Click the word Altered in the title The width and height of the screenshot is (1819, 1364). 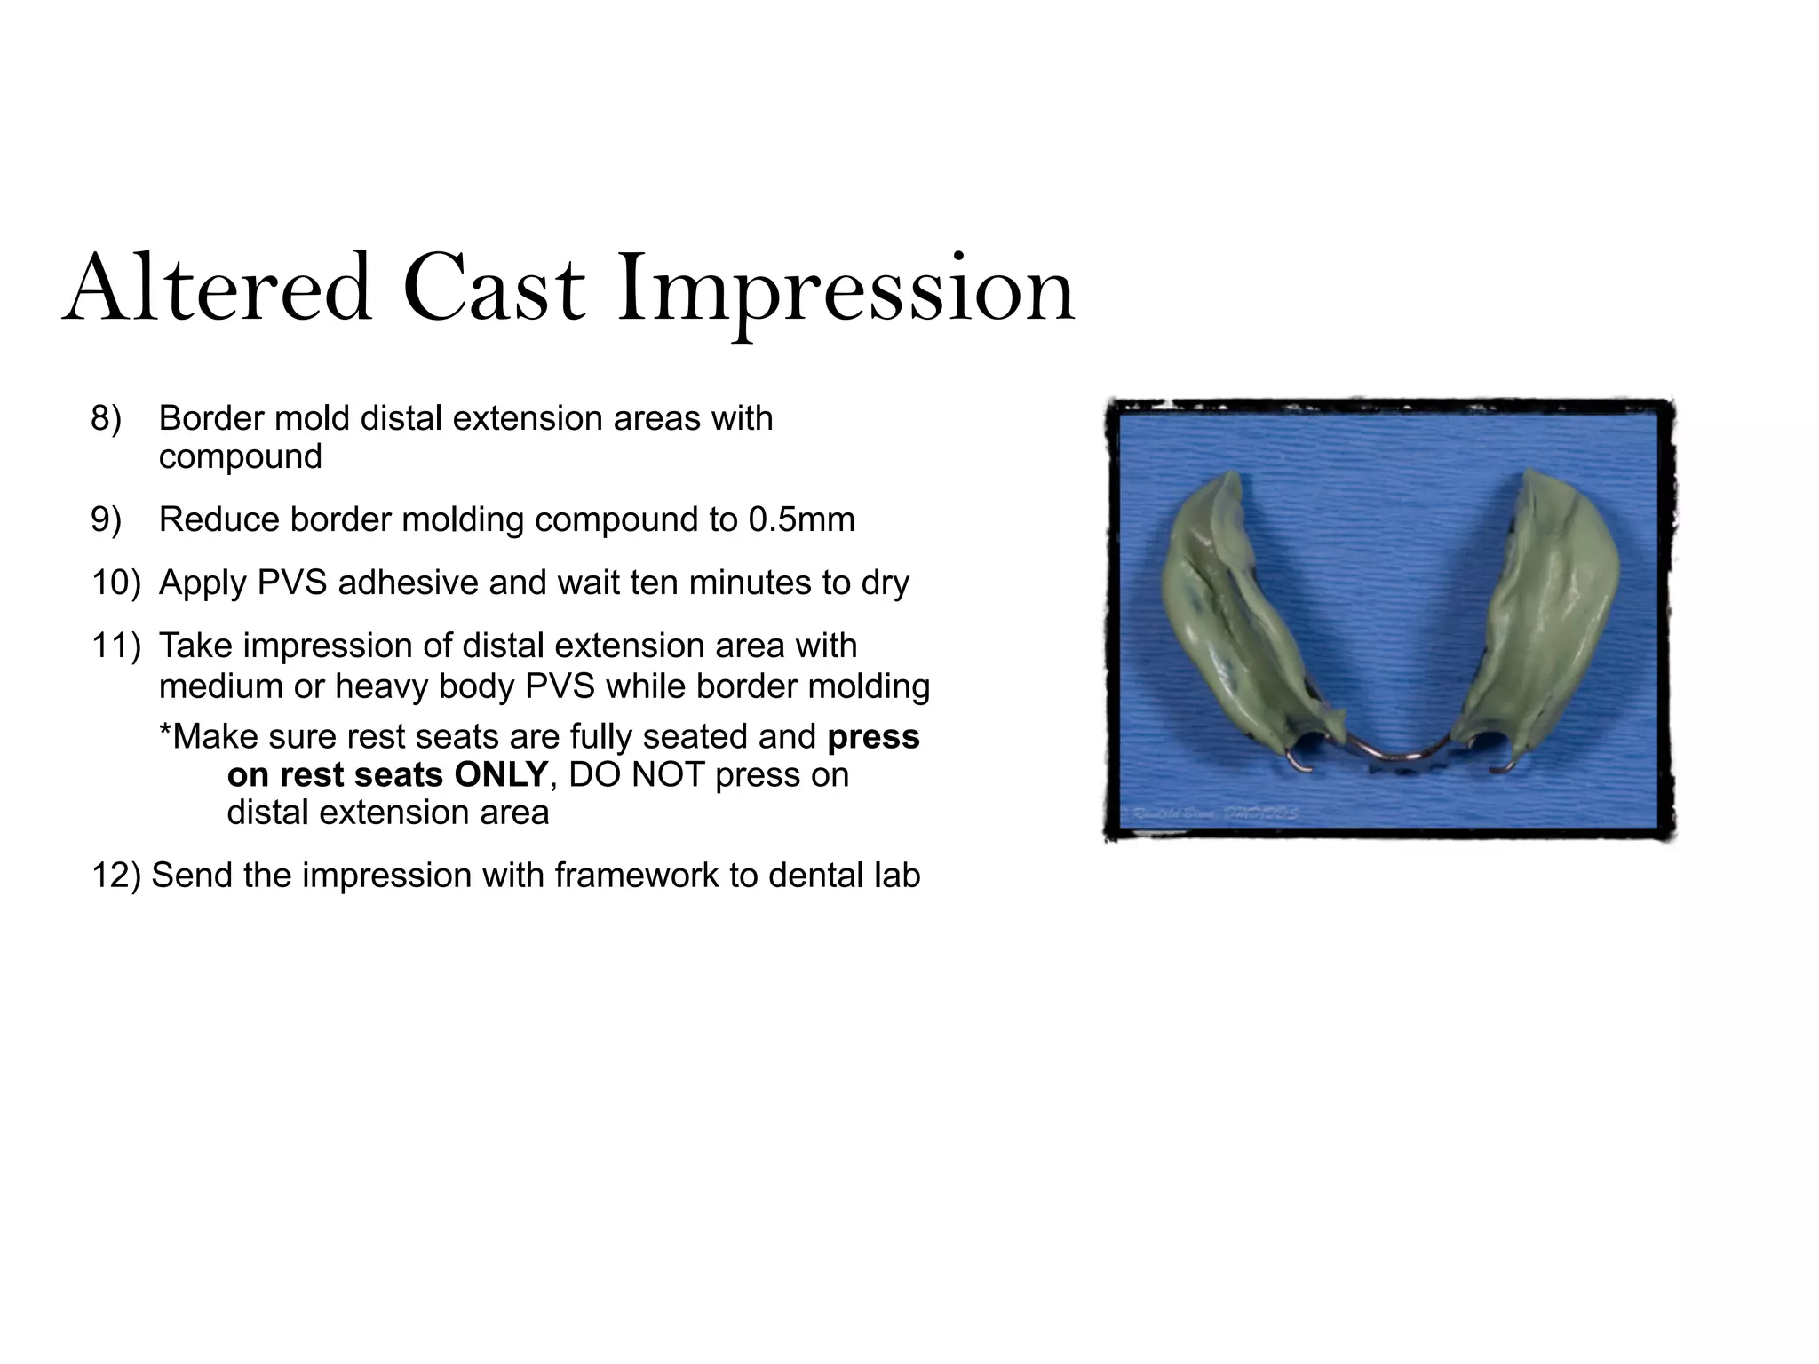tap(218, 289)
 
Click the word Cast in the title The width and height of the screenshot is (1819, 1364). tap(494, 289)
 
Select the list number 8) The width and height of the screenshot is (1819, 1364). tap(106, 418)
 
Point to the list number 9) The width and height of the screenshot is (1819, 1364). tap(106, 519)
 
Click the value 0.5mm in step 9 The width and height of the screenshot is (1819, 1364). tap(801, 519)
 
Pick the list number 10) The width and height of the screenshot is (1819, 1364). tap(115, 583)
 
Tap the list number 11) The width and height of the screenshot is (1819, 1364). tap(115, 646)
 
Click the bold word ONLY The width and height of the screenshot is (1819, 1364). tap(500, 775)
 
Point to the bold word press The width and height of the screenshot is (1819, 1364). tap(873, 737)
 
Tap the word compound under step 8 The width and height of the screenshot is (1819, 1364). tap(240, 457)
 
